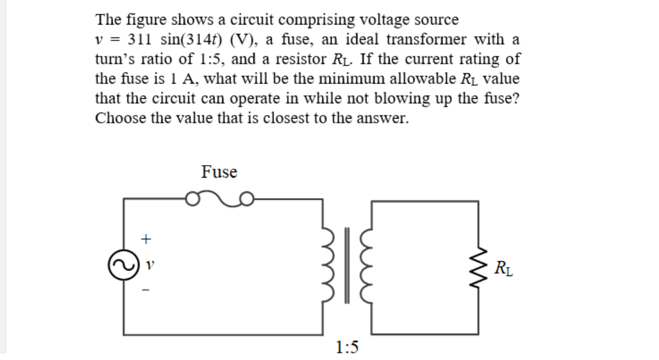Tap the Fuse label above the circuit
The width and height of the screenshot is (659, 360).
coord(219,172)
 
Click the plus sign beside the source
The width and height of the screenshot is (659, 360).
coord(144,239)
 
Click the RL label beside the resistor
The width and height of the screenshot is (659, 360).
coord(503,268)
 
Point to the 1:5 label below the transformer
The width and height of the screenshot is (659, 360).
coord(347,346)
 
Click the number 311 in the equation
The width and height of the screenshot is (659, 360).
coord(141,39)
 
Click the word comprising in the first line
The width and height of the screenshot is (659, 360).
coord(316,20)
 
